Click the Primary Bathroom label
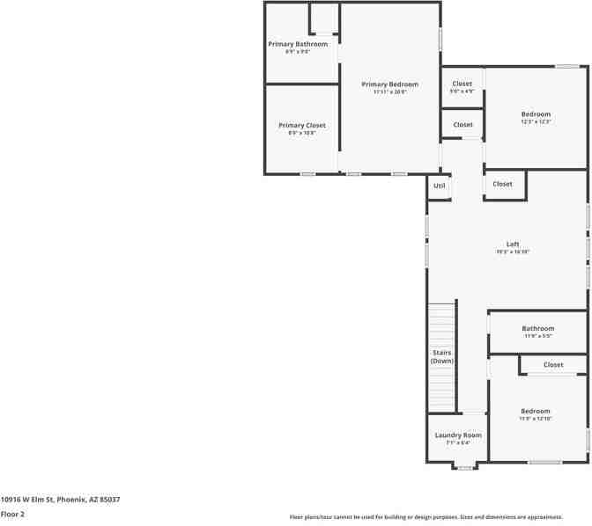pyautogui.click(x=298, y=44)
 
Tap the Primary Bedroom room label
pyautogui.click(x=389, y=84)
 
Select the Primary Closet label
pyautogui.click(x=301, y=126)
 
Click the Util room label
pyautogui.click(x=440, y=186)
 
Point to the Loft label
pyautogui.click(x=513, y=245)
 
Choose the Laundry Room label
pyautogui.click(x=458, y=435)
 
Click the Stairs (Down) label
pyautogui.click(x=441, y=357)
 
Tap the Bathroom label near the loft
pyautogui.click(x=537, y=329)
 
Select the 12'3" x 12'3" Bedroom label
pyautogui.click(x=536, y=114)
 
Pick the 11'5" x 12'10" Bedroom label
pyautogui.click(x=535, y=412)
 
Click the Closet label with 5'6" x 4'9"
pyautogui.click(x=462, y=84)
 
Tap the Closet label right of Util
pyautogui.click(x=502, y=184)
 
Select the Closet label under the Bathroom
pyautogui.click(x=553, y=365)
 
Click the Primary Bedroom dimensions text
pyautogui.click(x=389, y=91)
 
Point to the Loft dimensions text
pyautogui.click(x=513, y=252)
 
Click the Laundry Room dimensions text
pyautogui.click(x=458, y=442)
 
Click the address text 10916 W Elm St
pyautogui.click(x=60, y=500)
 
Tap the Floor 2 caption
pyautogui.click(x=12, y=514)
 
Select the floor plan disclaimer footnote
pyautogui.click(x=426, y=517)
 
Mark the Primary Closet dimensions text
pyautogui.click(x=301, y=133)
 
